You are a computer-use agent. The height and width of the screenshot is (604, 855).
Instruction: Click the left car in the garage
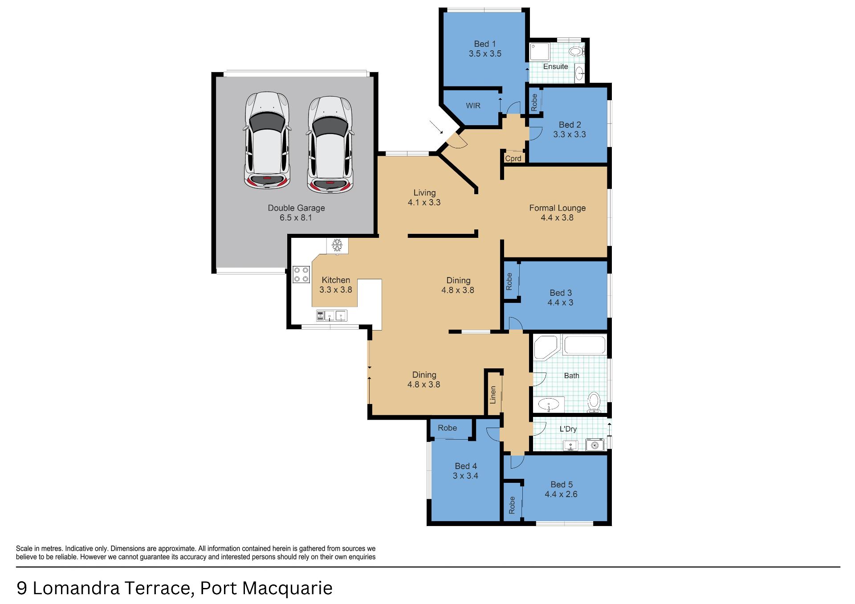(x=267, y=140)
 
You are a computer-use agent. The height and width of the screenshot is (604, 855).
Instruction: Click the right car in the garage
(x=330, y=144)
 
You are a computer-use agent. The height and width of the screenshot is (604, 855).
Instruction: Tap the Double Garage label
(x=296, y=208)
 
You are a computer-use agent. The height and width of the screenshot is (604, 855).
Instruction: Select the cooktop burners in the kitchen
(x=301, y=274)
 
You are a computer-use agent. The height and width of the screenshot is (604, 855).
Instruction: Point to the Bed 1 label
(x=485, y=44)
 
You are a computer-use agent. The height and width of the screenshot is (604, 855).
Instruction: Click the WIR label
(x=473, y=106)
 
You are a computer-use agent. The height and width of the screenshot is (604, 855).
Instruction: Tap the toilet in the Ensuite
(x=577, y=51)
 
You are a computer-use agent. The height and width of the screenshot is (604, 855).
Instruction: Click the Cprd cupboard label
(x=513, y=158)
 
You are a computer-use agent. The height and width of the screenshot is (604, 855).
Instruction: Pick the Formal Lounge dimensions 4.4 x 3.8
(x=557, y=218)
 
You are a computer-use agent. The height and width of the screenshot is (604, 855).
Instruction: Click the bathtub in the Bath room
(x=585, y=345)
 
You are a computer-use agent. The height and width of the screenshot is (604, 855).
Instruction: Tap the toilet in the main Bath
(x=594, y=402)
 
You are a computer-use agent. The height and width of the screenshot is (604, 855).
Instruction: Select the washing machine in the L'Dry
(x=594, y=445)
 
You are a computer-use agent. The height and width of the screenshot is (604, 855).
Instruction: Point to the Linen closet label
(x=493, y=395)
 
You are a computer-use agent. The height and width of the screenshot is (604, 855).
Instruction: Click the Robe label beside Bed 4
(x=447, y=428)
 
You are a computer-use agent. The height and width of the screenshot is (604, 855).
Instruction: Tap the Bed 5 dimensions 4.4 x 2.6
(x=561, y=494)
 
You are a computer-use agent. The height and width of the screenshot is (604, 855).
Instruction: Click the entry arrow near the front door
(x=436, y=127)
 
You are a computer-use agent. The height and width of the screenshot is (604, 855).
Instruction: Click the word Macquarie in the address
(x=288, y=589)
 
